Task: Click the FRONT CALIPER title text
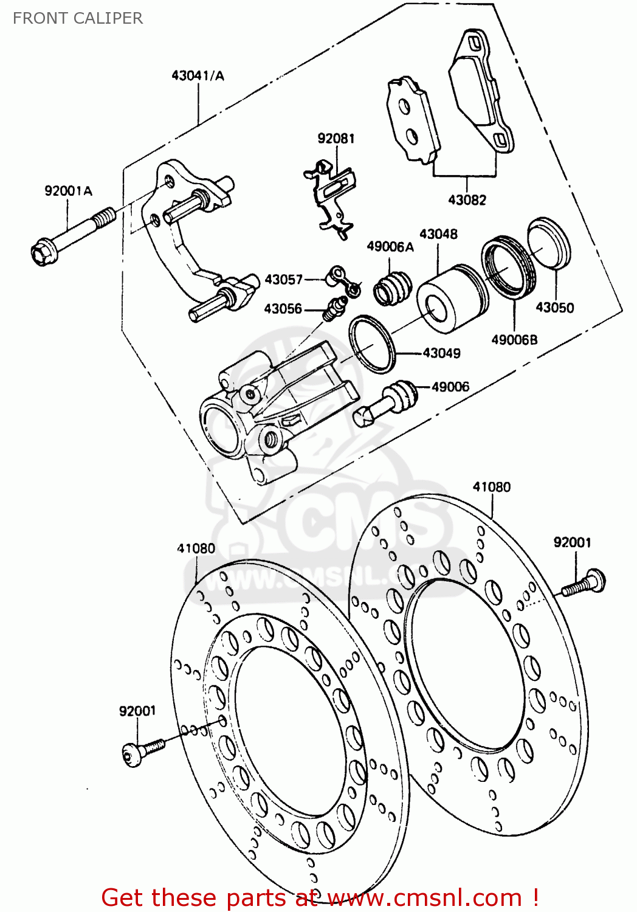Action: (x=78, y=18)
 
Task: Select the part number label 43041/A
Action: (x=198, y=75)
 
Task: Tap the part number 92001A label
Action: (x=68, y=191)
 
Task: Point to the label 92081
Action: (x=336, y=139)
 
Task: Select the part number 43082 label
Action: (x=467, y=199)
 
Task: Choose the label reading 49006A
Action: (x=390, y=246)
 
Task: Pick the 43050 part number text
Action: (x=554, y=308)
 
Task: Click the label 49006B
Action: (x=514, y=340)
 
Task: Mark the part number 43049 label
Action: (x=441, y=353)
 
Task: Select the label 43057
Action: (x=283, y=280)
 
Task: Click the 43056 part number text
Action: (x=283, y=309)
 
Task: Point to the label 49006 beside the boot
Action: (x=450, y=387)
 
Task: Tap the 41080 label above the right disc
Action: (x=492, y=487)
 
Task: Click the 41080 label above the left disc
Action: (x=196, y=548)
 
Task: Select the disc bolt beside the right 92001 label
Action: (x=585, y=582)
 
